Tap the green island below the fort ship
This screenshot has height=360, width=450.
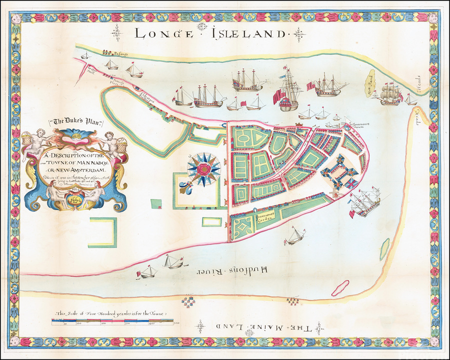[x=384, y=249]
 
